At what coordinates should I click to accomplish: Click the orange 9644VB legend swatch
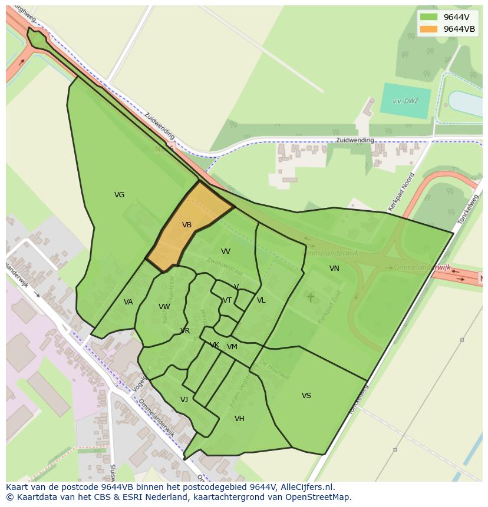click(429, 29)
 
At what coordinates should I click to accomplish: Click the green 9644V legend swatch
click(429, 17)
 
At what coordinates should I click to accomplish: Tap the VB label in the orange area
click(187, 225)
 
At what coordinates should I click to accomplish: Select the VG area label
click(119, 195)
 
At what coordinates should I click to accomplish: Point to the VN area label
click(334, 269)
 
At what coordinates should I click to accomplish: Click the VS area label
click(306, 396)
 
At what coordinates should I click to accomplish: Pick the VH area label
click(239, 419)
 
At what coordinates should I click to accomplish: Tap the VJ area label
click(184, 400)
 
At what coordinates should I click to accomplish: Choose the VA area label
click(128, 302)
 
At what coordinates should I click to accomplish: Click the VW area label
click(164, 307)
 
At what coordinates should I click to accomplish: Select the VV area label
click(226, 251)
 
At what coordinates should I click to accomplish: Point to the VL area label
click(261, 300)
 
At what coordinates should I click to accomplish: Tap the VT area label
click(227, 300)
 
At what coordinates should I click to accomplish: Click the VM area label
click(232, 347)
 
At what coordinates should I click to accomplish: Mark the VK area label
click(215, 345)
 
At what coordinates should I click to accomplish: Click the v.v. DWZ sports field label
click(405, 101)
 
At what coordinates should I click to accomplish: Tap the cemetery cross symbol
click(311, 298)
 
